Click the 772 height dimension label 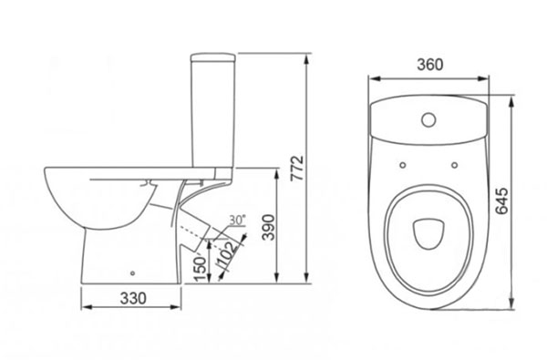pos(297,168)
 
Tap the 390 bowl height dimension pos(268,227)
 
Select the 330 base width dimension pos(133,298)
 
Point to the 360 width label pos(430,65)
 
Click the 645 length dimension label pos(502,201)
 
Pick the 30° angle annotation pos(238,220)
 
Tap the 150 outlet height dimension pos(201,269)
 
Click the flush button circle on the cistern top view pos(428,119)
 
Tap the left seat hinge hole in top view pos(403,165)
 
